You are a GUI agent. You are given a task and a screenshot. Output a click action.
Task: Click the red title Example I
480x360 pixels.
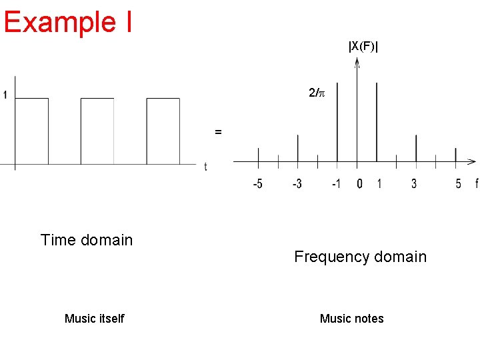[x=67, y=21]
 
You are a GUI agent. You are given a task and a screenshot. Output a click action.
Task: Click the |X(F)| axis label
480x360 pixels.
[x=363, y=46]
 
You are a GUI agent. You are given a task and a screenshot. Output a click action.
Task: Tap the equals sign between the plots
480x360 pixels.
[x=218, y=132]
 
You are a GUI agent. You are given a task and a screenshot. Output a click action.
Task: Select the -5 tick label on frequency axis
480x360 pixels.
[x=257, y=183]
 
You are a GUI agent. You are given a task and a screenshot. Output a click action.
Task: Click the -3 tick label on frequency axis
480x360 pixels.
[x=297, y=183]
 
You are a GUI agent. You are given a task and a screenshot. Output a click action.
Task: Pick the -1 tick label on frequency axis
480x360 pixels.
[x=336, y=183]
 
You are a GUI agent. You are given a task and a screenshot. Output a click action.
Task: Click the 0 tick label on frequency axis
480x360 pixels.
[x=359, y=183]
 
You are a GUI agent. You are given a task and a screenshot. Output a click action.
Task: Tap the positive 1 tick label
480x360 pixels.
[x=379, y=183]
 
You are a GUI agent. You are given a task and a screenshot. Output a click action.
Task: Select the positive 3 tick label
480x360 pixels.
[x=414, y=183]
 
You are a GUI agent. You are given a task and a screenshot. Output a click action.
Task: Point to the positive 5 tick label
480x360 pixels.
[x=457, y=183]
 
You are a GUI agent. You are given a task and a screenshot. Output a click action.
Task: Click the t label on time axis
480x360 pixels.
[x=205, y=167]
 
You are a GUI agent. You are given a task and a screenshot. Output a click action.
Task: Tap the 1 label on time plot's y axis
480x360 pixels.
[x=5, y=95]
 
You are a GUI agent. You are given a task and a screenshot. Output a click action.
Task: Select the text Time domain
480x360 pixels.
[x=87, y=240]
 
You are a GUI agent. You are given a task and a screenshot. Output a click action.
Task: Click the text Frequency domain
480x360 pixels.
[x=360, y=257]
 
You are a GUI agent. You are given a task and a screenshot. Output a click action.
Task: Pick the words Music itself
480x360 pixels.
[x=94, y=319]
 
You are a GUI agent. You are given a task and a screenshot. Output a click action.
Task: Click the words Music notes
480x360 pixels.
[x=351, y=319]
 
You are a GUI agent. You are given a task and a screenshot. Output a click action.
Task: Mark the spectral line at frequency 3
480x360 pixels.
[x=416, y=147]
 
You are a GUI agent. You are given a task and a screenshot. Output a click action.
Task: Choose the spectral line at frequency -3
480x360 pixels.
[x=297, y=147]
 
